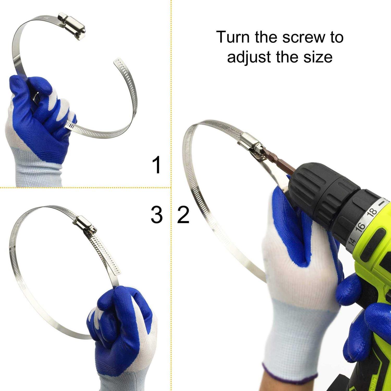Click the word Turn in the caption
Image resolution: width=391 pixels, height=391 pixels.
pos(233,37)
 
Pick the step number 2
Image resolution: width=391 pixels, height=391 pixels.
pos(183,215)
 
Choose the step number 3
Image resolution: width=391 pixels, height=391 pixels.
pos(157,215)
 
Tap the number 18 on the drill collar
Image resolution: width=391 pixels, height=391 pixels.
pos(372,212)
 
